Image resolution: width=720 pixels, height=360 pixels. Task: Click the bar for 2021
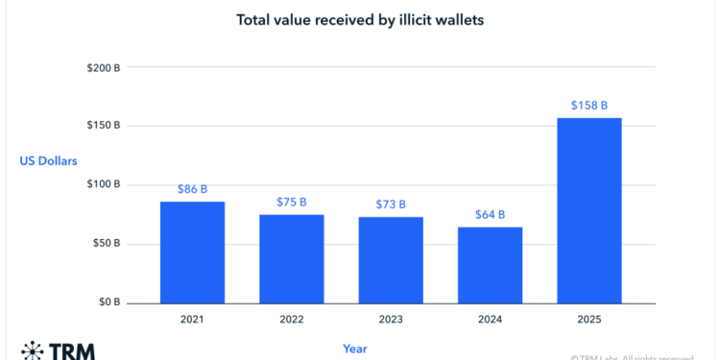pyautogui.click(x=192, y=252)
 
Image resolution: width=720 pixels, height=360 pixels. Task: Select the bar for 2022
pyautogui.click(x=291, y=258)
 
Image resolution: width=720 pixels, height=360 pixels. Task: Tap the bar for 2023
pyautogui.click(x=390, y=259)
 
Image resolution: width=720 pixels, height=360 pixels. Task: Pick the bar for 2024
pyautogui.click(x=490, y=265)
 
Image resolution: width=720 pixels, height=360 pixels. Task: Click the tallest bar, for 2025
pyautogui.click(x=588, y=210)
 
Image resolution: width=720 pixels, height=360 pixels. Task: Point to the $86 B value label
pyautogui.click(x=192, y=190)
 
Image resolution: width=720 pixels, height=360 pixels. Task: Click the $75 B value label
pyautogui.click(x=291, y=203)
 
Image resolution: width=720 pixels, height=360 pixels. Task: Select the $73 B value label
pyautogui.click(x=390, y=204)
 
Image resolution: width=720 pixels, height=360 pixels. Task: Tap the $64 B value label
pyautogui.click(x=490, y=215)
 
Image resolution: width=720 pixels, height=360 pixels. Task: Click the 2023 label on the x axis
pyautogui.click(x=390, y=318)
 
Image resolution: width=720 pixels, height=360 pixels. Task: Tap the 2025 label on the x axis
pyautogui.click(x=588, y=318)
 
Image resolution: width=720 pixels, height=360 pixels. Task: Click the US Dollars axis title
pyautogui.click(x=49, y=161)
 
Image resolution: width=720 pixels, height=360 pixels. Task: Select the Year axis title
pyautogui.click(x=354, y=348)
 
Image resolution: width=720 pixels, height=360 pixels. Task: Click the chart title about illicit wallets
pyautogui.click(x=359, y=18)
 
